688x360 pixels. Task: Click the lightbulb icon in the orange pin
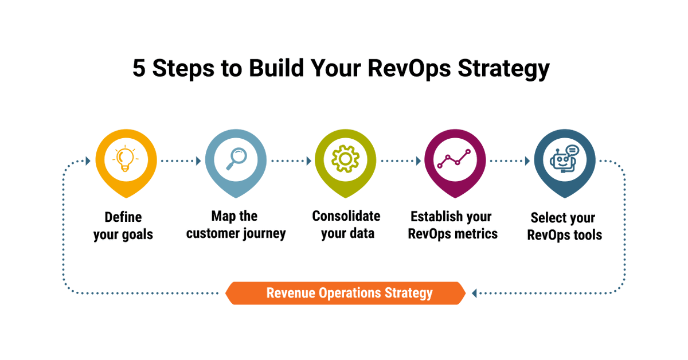point(126,159)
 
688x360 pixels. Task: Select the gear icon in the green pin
point(345,159)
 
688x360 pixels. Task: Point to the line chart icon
point(455,159)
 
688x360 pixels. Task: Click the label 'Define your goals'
point(123,226)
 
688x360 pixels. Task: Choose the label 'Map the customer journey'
point(236,225)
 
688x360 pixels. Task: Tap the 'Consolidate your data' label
point(346,225)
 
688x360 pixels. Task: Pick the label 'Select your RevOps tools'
point(564,226)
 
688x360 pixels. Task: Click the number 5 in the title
point(139,68)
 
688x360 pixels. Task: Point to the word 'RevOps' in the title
point(410,68)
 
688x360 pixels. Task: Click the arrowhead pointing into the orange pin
point(88,161)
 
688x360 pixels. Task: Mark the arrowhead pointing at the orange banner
point(474,294)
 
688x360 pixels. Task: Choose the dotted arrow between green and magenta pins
point(400,161)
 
